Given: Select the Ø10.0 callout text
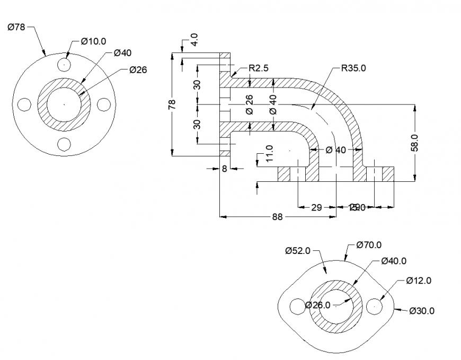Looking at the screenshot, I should click(x=94, y=41).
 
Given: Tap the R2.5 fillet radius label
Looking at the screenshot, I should click(x=259, y=68).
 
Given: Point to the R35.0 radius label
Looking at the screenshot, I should click(x=353, y=68).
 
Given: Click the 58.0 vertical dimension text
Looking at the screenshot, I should click(x=415, y=143).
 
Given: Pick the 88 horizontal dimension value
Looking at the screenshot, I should click(x=277, y=216).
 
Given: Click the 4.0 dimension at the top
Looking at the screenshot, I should click(x=194, y=40).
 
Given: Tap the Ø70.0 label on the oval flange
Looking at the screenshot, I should click(x=369, y=244).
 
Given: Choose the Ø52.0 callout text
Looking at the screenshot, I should click(x=297, y=250).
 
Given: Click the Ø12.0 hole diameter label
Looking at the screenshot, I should click(x=419, y=280).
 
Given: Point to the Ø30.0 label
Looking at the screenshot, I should click(x=422, y=311).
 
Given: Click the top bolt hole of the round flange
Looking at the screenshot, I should click(x=64, y=65).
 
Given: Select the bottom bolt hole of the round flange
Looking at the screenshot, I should click(x=64, y=144).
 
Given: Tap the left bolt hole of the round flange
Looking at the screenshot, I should click(x=24, y=104).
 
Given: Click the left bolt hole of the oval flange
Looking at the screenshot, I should click(x=297, y=306).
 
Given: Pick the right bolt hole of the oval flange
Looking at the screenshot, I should click(x=376, y=305).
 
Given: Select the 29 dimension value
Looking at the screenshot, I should click(x=316, y=207).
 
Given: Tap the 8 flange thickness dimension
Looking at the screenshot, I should click(x=224, y=169).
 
